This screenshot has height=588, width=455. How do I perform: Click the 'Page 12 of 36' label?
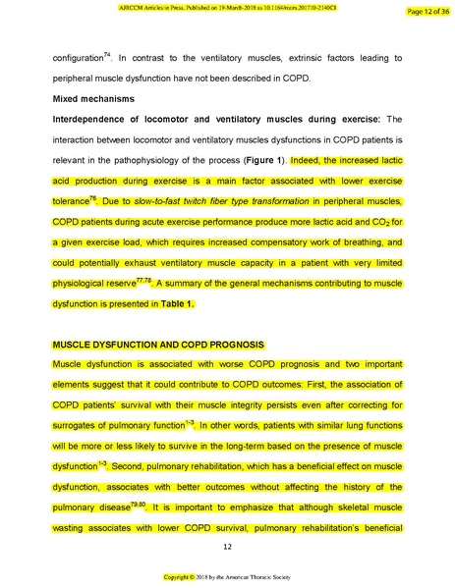pyautogui.click(x=424, y=11)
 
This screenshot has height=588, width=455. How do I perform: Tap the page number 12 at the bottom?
pyautogui.click(x=227, y=547)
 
